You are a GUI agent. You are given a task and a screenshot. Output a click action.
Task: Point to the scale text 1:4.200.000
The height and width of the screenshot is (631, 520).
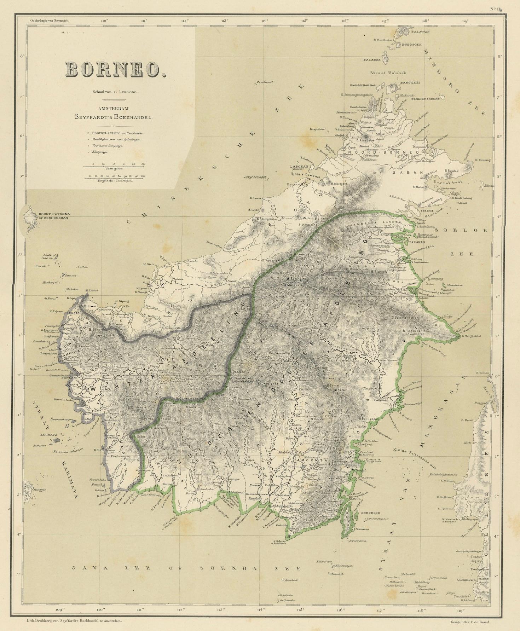click(x=115, y=92)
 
